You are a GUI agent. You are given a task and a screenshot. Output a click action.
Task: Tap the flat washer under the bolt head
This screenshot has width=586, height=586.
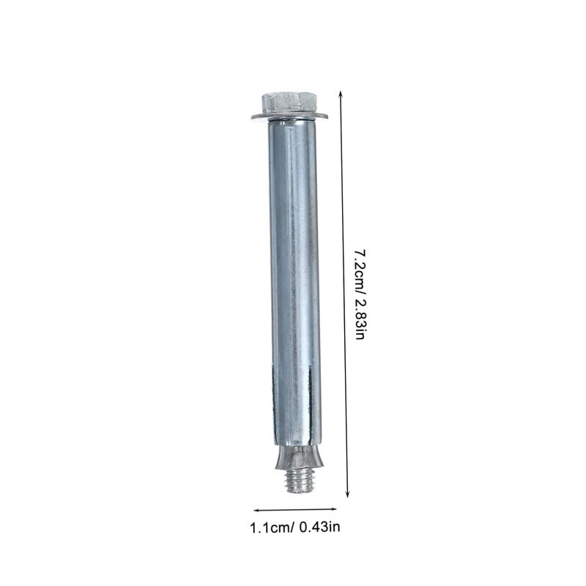click(x=289, y=116)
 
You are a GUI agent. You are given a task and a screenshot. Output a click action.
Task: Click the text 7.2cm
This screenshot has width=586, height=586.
click(x=360, y=269)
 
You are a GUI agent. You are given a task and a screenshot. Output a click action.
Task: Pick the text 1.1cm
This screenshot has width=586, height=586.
click(x=269, y=527)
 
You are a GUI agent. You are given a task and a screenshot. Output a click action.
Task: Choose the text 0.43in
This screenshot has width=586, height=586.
click(x=319, y=527)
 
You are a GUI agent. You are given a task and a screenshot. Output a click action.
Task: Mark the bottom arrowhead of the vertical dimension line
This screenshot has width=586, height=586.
click(x=347, y=494)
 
